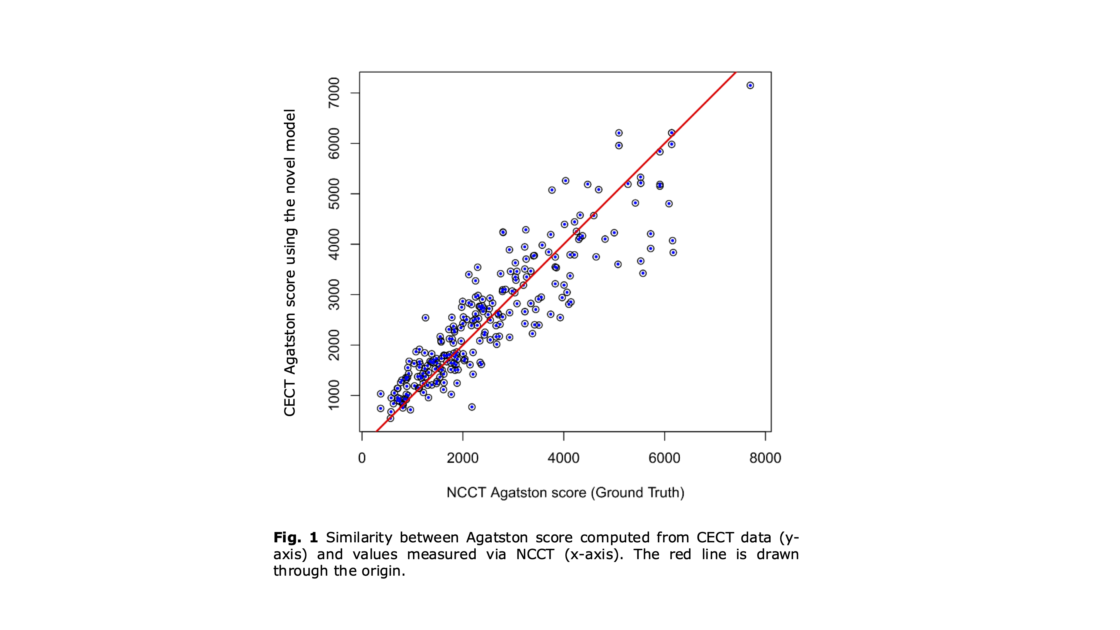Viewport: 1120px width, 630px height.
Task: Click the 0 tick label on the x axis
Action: coord(362,458)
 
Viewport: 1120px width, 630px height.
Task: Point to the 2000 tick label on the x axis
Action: coord(463,458)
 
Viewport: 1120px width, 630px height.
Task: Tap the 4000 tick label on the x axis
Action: coord(563,458)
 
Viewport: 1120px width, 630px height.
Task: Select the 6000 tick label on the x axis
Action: coord(664,458)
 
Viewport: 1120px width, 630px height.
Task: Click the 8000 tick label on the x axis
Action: coord(765,458)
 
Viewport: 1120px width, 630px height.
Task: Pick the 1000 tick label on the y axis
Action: coord(334,395)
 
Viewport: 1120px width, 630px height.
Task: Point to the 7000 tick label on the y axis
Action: coord(334,93)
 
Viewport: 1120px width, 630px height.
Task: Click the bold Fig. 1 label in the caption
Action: coord(296,538)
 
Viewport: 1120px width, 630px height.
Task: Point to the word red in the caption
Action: coord(680,554)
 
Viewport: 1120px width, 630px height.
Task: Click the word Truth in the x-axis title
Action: coord(664,493)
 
